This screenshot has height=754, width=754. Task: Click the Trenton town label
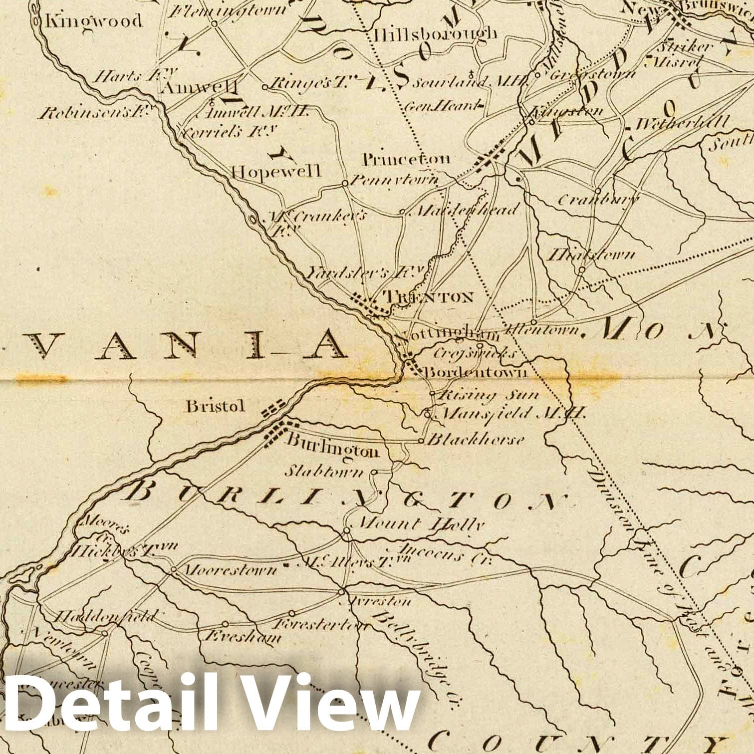click(x=428, y=297)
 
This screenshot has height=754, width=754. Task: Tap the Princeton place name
click(x=406, y=160)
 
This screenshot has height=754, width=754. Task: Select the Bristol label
click(x=216, y=406)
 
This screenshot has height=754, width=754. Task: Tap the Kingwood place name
click(x=94, y=21)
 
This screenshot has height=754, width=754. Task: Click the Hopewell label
click(x=275, y=171)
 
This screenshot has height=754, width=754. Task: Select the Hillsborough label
click(x=435, y=33)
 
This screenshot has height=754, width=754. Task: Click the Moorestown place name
click(x=230, y=570)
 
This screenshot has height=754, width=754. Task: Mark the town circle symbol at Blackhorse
click(x=421, y=441)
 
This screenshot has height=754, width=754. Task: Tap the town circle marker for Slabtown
click(x=375, y=471)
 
